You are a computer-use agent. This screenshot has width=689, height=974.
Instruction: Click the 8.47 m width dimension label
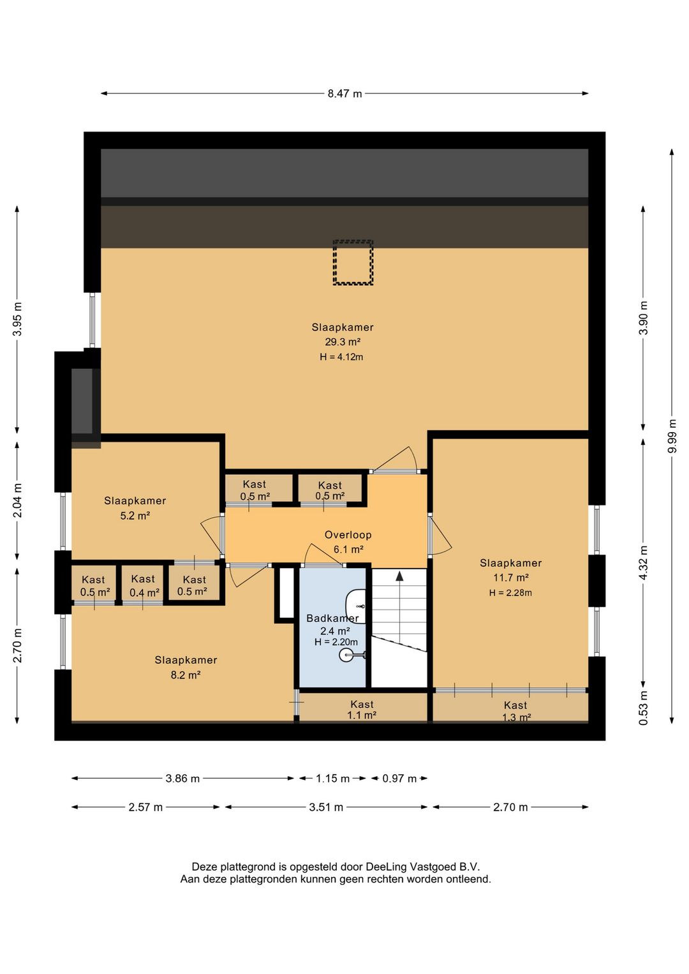[x=344, y=93]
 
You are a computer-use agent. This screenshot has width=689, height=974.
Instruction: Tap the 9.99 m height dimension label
[x=672, y=436]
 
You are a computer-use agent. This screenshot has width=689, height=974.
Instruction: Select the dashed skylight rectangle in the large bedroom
[x=353, y=262]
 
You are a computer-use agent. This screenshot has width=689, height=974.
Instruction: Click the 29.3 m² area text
[x=343, y=341]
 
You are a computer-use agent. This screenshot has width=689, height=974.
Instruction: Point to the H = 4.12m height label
[x=341, y=357]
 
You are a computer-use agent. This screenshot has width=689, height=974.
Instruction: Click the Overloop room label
[x=348, y=535]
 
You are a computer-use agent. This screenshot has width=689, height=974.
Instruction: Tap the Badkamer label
[x=332, y=618]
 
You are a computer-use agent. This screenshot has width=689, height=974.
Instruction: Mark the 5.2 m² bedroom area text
[x=135, y=516]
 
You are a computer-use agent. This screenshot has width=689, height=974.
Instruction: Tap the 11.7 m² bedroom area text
[x=510, y=578]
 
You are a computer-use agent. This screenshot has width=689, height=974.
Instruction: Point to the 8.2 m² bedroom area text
[x=186, y=675]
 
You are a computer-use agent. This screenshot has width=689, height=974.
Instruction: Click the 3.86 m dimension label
[x=182, y=778]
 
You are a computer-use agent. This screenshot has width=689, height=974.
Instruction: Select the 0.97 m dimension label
[x=399, y=778]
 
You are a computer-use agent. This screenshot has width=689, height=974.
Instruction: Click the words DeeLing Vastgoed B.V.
[x=423, y=867]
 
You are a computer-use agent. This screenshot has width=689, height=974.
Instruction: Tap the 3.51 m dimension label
[x=326, y=807]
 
